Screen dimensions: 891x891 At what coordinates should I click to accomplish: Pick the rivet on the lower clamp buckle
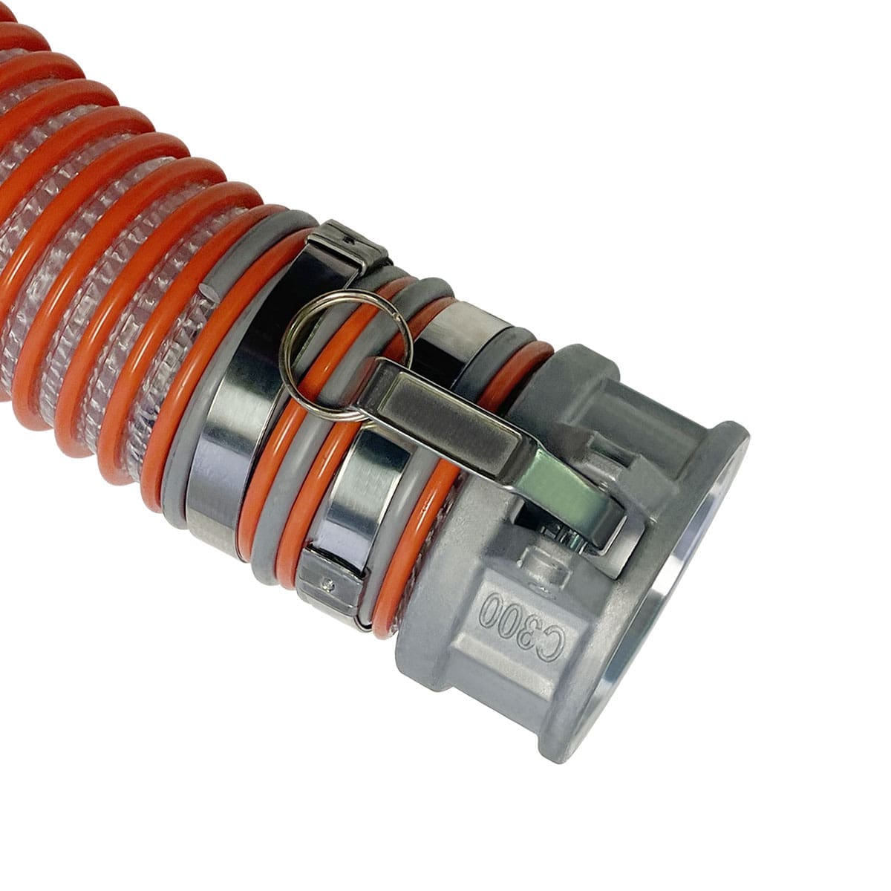pyautogui.click(x=328, y=584)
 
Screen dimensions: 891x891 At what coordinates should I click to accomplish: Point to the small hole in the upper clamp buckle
pyautogui.click(x=346, y=241)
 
